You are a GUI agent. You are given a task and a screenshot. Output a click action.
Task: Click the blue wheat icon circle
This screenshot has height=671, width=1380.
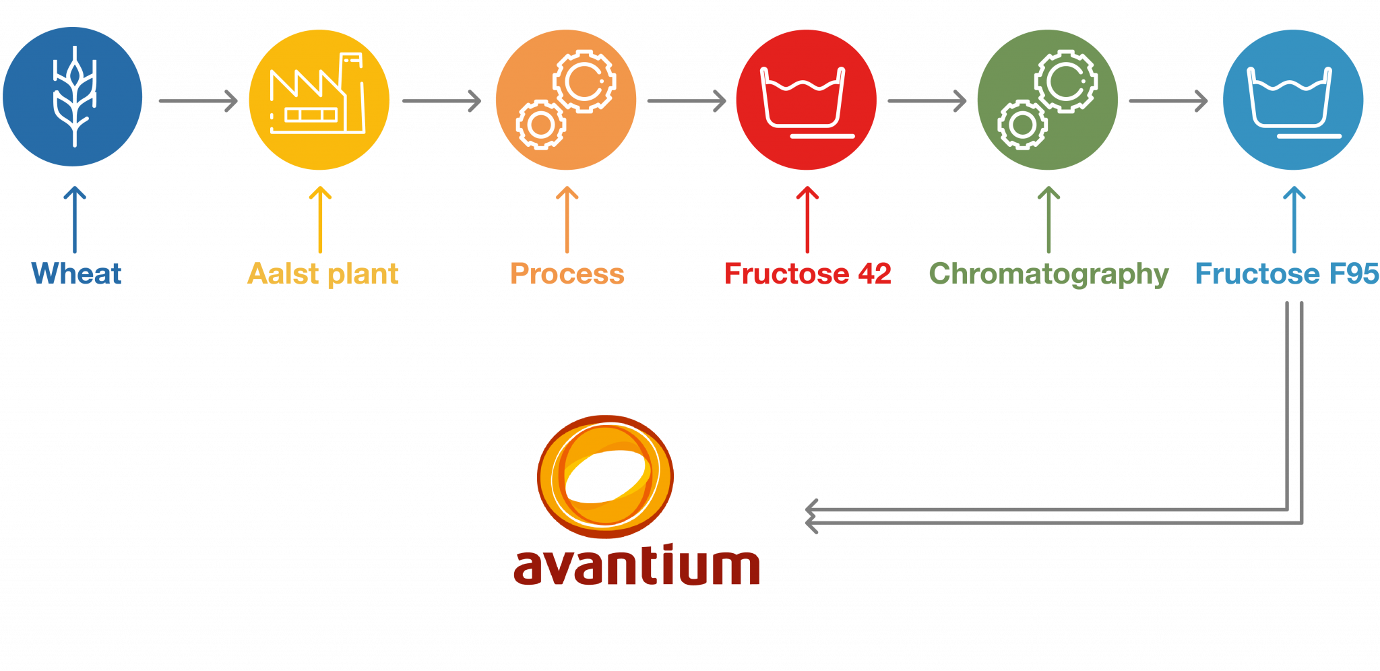(73, 97)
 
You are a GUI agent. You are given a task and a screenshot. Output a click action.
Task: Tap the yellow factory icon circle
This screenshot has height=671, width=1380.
(319, 100)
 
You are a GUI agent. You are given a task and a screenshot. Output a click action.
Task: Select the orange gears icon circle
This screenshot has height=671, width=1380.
(566, 100)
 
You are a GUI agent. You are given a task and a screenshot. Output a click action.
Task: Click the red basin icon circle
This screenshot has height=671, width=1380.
(806, 100)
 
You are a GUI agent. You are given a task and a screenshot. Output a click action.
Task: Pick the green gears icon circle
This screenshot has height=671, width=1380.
(1048, 100)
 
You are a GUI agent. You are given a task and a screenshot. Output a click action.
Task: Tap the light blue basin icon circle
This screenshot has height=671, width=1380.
(1293, 100)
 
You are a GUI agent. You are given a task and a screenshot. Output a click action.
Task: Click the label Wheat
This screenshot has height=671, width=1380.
(76, 274)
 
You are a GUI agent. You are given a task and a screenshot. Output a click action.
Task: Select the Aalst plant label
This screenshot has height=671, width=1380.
(323, 274)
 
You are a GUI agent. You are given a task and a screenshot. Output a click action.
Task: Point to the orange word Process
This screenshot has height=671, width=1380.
(567, 274)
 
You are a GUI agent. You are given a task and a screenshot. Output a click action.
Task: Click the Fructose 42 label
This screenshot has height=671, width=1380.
(807, 274)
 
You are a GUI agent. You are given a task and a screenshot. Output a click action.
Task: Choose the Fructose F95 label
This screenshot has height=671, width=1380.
(1286, 274)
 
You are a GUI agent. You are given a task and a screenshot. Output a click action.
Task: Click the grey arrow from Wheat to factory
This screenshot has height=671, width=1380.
(198, 101)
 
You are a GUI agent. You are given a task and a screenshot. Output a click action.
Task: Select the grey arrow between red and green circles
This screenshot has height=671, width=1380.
(927, 101)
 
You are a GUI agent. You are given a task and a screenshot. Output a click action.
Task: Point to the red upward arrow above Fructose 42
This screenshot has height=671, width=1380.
(807, 219)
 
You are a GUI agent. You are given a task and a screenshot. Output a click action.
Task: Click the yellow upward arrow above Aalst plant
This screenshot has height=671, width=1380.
(320, 219)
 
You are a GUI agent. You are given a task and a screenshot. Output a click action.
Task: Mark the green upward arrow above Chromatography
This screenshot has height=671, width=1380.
(1048, 219)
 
